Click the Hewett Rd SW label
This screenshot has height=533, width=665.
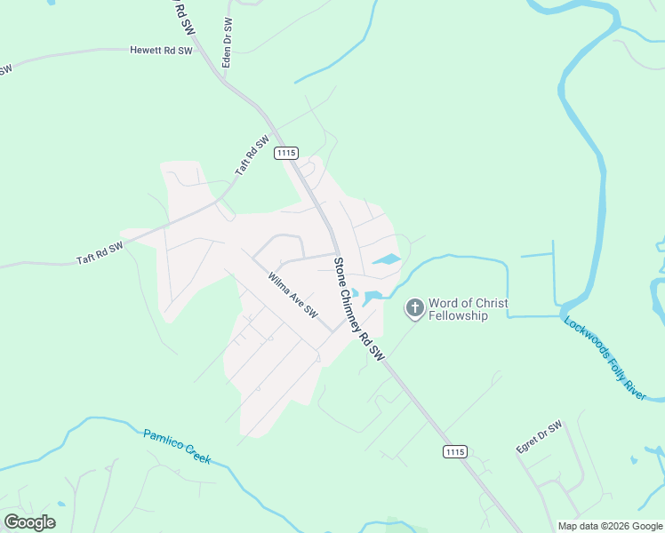click(160, 51)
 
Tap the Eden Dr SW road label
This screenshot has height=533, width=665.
click(228, 44)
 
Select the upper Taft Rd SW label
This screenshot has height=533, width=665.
click(252, 155)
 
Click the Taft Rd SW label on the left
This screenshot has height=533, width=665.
click(100, 253)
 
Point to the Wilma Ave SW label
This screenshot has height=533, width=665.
click(292, 294)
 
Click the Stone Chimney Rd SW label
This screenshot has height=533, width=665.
click(358, 308)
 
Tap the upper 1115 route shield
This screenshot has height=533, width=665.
click(285, 153)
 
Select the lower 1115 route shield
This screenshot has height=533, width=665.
click(454, 452)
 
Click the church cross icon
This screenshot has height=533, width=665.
click(414, 308)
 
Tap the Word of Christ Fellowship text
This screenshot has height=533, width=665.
click(469, 309)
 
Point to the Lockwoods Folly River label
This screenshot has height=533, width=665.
click(605, 356)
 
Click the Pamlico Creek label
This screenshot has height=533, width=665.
click(177, 446)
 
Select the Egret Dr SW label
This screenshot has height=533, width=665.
click(540, 437)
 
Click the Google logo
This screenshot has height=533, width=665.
click(29, 522)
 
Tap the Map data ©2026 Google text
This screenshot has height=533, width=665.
click(611, 526)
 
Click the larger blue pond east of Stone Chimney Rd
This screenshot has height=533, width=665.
click(386, 260)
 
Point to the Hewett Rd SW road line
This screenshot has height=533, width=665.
click(89, 54)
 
